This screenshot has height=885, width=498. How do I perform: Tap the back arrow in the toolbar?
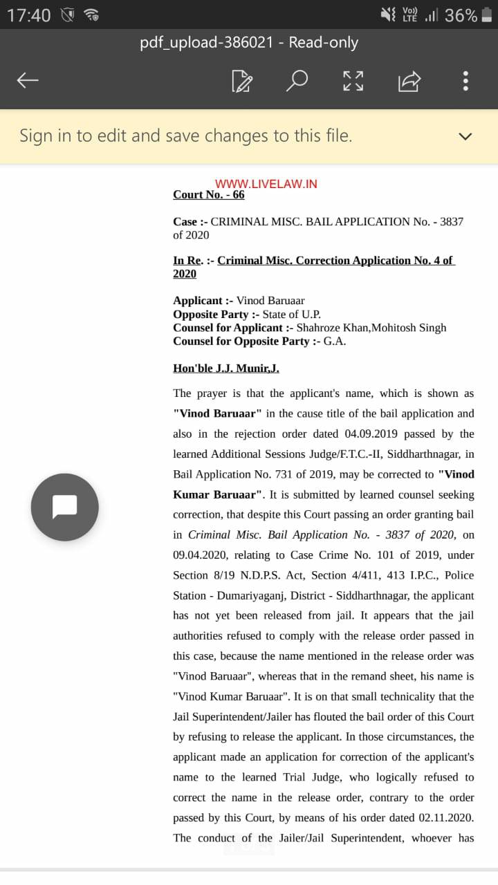pos(28,81)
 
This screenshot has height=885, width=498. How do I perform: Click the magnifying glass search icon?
pos(297,80)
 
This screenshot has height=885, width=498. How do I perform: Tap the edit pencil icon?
pos(241,81)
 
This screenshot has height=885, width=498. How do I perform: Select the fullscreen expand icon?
pos(353,81)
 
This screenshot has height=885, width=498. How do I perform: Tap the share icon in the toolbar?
pos(409,81)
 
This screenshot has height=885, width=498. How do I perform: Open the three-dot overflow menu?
pos(465,81)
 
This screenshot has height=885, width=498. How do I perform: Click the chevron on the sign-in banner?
pos(465,136)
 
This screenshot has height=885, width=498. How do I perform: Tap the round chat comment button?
pos(64,507)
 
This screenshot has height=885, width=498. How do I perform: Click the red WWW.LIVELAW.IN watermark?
pos(266,184)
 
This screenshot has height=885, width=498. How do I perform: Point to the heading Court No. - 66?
pos(209,195)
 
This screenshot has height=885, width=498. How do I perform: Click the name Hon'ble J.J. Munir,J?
pos(226,369)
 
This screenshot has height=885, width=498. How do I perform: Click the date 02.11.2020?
pos(446,818)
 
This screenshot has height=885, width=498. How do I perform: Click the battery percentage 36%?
pos(461,15)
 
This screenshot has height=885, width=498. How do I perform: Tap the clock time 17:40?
pos(29,15)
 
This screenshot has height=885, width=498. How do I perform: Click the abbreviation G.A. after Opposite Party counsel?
pos(334,342)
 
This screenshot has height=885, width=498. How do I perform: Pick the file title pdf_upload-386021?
pos(206,43)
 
